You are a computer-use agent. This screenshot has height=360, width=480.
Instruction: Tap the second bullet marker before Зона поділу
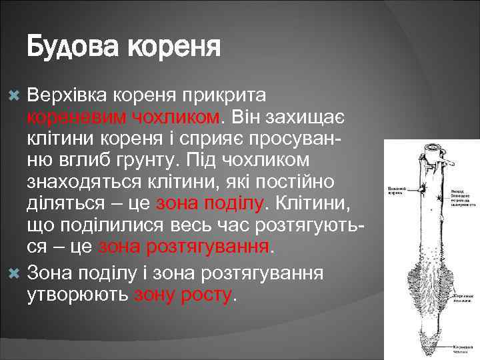coord(17,273)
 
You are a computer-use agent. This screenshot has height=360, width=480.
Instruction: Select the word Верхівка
coord(70,95)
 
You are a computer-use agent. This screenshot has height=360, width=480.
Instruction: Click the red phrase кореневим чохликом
coord(123,117)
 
